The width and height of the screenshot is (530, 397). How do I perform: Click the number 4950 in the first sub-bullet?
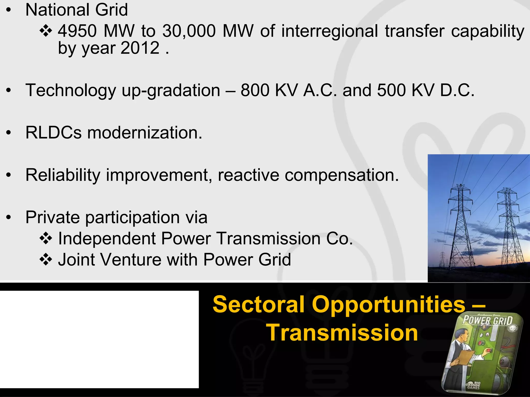pyautogui.click(x=77, y=31)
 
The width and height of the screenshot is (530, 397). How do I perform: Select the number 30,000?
pyautogui.click(x=189, y=31)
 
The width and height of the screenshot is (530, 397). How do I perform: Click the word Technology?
pyautogui.click(x=71, y=90)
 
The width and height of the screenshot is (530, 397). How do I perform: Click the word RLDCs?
pyautogui.click(x=54, y=133)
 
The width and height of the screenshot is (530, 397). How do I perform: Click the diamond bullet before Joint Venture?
pyautogui.click(x=46, y=260)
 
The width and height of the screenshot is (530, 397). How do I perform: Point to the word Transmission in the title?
pyautogui.click(x=342, y=333)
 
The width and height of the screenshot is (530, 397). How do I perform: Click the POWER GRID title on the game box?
pyautogui.click(x=487, y=321)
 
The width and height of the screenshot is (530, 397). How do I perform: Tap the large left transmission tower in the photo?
pyautogui.click(x=461, y=222)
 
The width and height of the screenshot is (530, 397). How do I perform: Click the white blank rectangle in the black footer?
pyautogui.click(x=99, y=339)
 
